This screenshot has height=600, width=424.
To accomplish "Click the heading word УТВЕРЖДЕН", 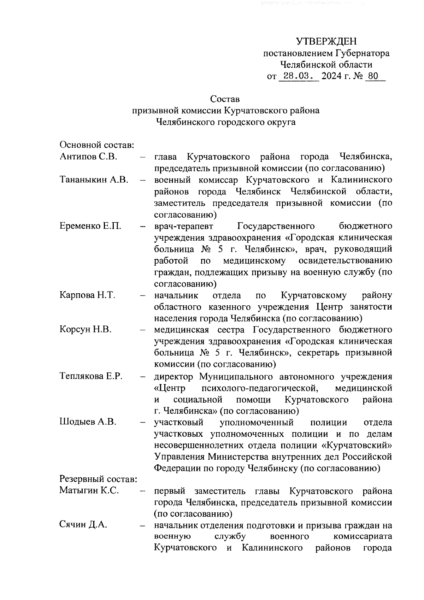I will (326, 42).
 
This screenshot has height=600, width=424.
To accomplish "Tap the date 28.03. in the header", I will (299, 76).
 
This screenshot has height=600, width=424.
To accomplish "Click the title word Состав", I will (225, 99).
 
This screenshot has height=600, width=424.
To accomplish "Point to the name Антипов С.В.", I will (88, 157).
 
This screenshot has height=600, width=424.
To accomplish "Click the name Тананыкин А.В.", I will (94, 180).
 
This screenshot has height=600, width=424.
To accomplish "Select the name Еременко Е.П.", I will (90, 226).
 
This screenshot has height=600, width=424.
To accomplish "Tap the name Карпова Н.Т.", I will (88, 295).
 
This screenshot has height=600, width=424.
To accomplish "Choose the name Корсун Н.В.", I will (86, 330).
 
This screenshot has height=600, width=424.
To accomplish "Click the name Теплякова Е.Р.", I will (91, 376).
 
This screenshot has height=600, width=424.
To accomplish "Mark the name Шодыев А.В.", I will (88, 422).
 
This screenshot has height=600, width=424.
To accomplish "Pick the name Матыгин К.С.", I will (89, 490).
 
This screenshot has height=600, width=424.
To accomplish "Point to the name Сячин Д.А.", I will (83, 525).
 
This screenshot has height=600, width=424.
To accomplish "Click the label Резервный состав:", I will (98, 479).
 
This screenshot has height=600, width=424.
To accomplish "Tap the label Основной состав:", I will (96, 145).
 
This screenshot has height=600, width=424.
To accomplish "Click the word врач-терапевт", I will (183, 226).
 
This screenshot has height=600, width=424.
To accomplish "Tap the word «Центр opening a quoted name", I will (170, 388).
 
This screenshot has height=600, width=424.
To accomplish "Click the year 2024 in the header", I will (332, 76).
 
